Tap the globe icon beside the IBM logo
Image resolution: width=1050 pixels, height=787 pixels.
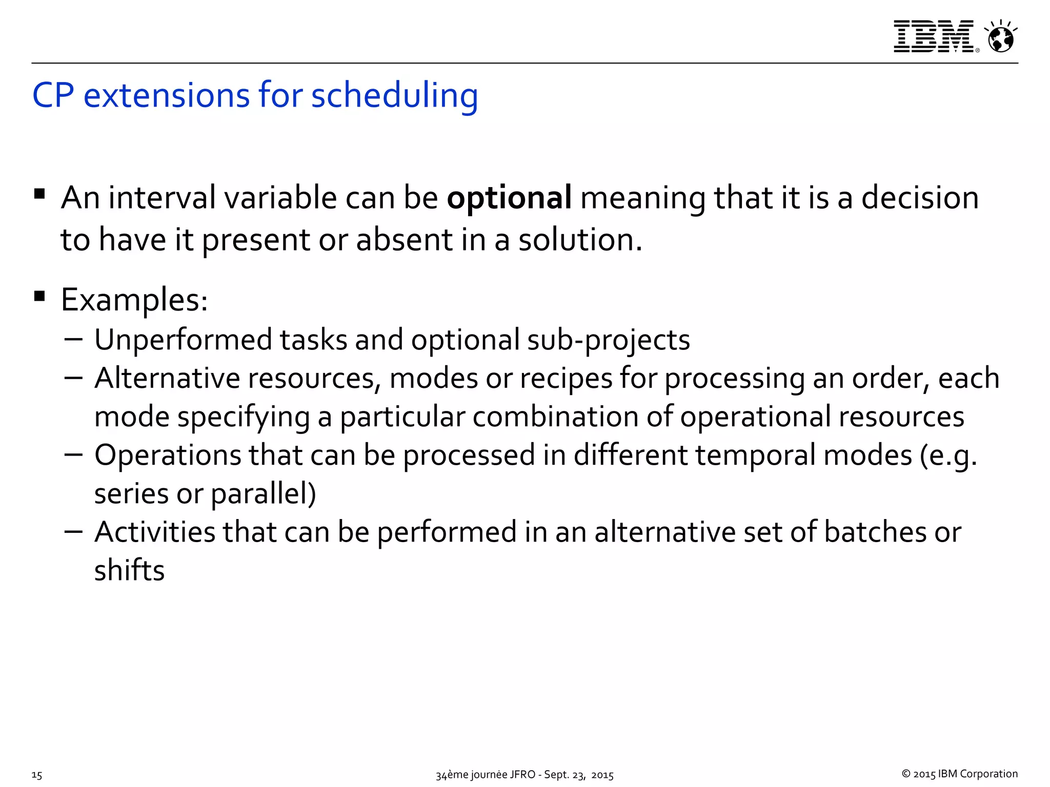tap(1001, 37)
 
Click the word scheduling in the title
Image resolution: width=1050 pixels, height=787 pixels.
tap(394, 96)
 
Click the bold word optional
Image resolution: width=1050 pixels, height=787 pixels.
tap(509, 198)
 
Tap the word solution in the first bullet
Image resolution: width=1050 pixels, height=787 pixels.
tap(580, 240)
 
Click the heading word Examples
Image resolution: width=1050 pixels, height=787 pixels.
tap(134, 300)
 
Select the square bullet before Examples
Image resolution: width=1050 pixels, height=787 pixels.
tap(39, 296)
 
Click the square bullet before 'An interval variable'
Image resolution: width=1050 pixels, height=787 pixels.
tap(39, 194)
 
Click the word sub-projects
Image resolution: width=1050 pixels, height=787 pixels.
tap(608, 341)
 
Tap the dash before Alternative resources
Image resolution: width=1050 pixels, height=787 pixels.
tap(74, 378)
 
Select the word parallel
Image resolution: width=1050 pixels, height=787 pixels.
tap(262, 494)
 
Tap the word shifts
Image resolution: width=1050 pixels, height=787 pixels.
tap(129, 570)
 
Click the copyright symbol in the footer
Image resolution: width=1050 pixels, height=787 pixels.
tap(906, 774)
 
